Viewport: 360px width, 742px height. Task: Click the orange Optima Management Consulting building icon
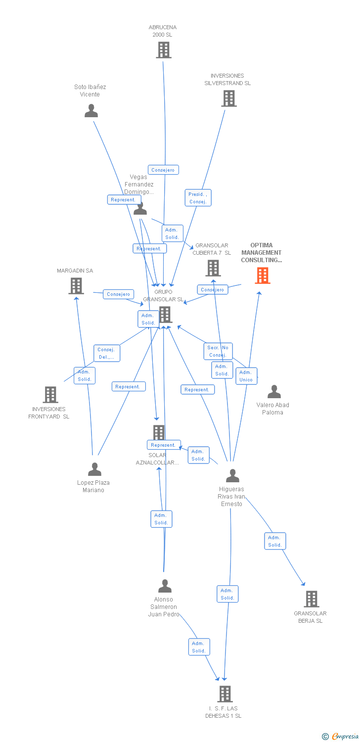click(x=263, y=276)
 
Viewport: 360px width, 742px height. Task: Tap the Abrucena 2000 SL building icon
click(x=164, y=50)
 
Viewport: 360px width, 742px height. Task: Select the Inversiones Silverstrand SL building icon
click(x=228, y=98)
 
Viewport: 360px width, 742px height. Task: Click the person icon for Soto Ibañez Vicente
click(x=91, y=111)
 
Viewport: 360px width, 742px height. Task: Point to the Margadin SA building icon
click(x=76, y=286)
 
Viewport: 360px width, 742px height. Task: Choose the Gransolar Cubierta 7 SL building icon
click(x=213, y=268)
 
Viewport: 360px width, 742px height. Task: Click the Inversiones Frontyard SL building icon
click(x=50, y=395)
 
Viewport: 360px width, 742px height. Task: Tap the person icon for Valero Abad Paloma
click(x=274, y=392)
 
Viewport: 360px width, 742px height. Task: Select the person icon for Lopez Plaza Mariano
click(x=94, y=469)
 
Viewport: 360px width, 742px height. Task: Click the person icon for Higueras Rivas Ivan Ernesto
click(x=232, y=476)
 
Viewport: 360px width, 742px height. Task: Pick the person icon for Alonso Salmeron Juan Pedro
click(x=165, y=586)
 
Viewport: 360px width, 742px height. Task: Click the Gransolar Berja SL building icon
click(x=311, y=599)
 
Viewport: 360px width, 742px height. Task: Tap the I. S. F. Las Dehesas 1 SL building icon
click(x=225, y=694)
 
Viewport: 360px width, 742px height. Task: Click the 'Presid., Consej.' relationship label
click(x=198, y=198)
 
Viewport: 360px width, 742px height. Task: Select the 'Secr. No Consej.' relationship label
click(x=218, y=351)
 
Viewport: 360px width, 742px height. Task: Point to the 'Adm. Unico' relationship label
click(x=246, y=376)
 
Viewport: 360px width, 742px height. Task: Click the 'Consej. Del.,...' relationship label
click(x=106, y=353)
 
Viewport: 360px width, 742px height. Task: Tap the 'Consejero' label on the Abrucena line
click(x=163, y=170)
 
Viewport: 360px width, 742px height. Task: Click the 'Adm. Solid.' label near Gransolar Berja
click(x=275, y=541)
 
